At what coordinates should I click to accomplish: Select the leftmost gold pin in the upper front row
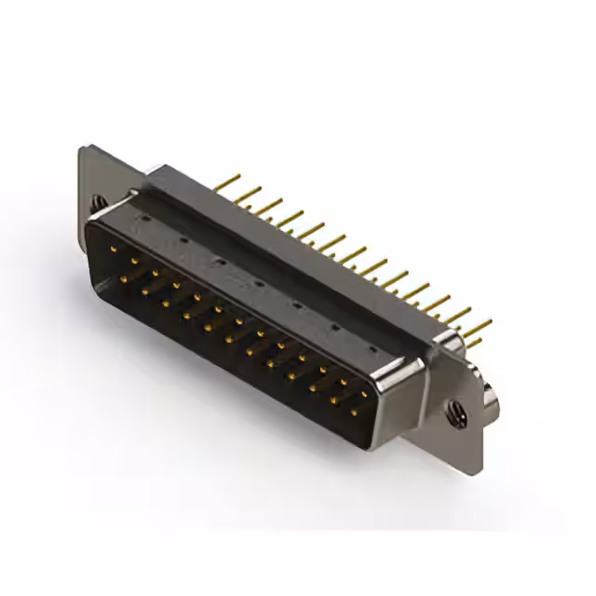tap(114, 250)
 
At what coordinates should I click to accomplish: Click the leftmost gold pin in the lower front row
tap(126, 277)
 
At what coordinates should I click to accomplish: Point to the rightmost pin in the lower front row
tap(354, 410)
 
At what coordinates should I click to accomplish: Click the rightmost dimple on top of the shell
tap(372, 348)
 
